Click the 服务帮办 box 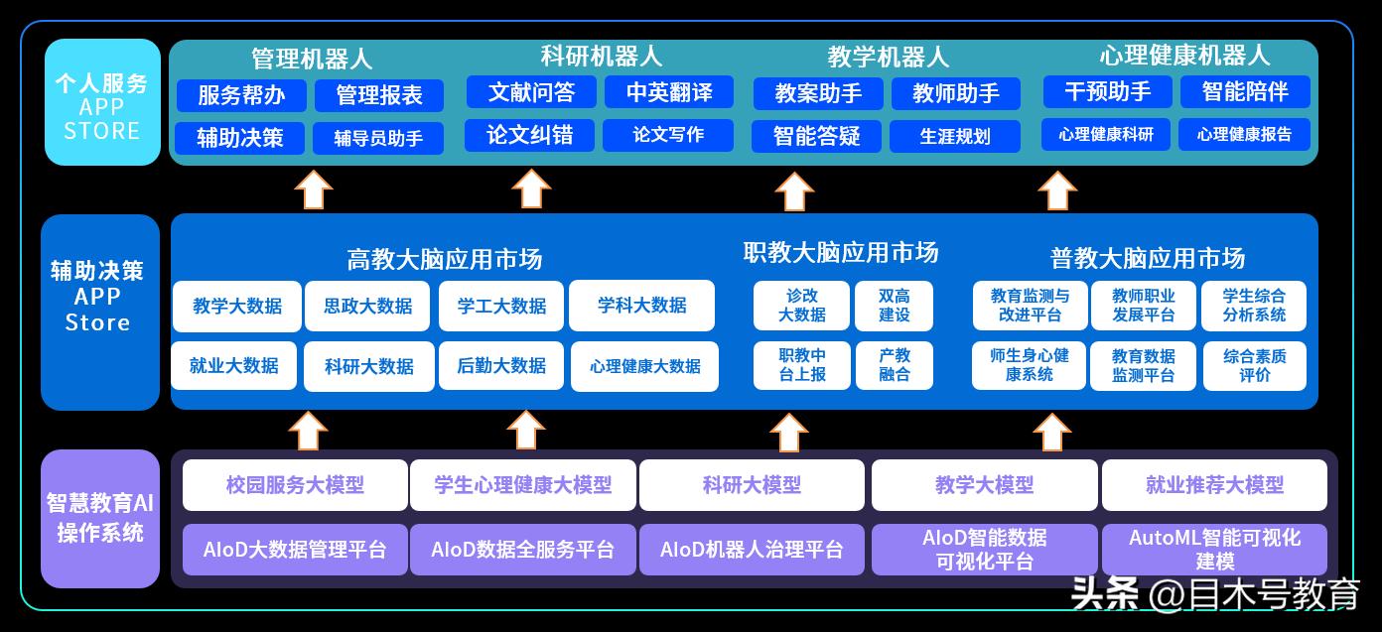click(x=241, y=95)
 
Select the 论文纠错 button click(x=530, y=135)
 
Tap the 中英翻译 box click(x=669, y=92)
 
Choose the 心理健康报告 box click(x=1244, y=135)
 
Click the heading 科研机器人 click(x=601, y=57)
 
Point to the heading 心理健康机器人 click(x=1184, y=55)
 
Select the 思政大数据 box click(x=368, y=306)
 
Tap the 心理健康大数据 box click(x=644, y=366)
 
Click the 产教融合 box click(x=895, y=365)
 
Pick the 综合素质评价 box click(x=1254, y=365)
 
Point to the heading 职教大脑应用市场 click(x=840, y=253)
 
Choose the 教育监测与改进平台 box click(x=1030, y=306)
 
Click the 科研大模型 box click(x=752, y=485)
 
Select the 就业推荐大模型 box click(x=1214, y=485)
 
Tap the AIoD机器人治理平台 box click(x=752, y=550)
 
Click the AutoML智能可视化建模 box click(x=1214, y=550)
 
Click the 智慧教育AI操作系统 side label click(x=100, y=518)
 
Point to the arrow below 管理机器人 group click(x=314, y=189)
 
